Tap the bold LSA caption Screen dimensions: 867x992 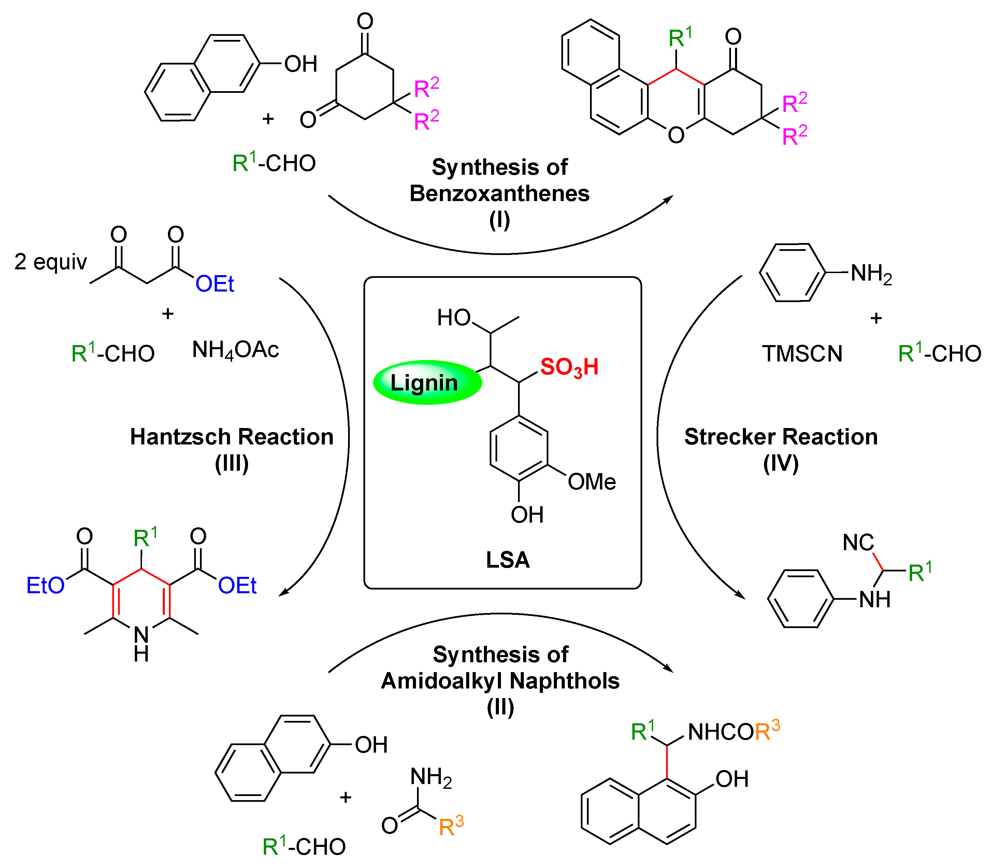[x=507, y=560]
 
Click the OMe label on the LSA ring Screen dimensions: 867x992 [x=591, y=482]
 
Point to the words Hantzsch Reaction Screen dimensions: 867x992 [x=232, y=437]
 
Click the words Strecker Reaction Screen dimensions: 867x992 [x=781, y=437]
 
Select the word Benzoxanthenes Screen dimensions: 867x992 [x=499, y=194]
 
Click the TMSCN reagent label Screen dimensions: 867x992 [x=802, y=354]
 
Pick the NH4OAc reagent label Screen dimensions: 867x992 [x=235, y=350]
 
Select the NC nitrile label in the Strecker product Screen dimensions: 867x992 [x=858, y=542]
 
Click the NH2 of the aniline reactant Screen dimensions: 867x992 [x=871, y=274]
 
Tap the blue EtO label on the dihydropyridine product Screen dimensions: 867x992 [x=45, y=585]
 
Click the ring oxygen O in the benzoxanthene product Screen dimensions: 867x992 [x=676, y=135]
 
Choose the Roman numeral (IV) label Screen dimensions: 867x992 [x=781, y=464]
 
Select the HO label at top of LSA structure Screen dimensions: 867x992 [x=453, y=318]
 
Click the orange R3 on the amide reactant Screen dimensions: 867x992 [x=451, y=826]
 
